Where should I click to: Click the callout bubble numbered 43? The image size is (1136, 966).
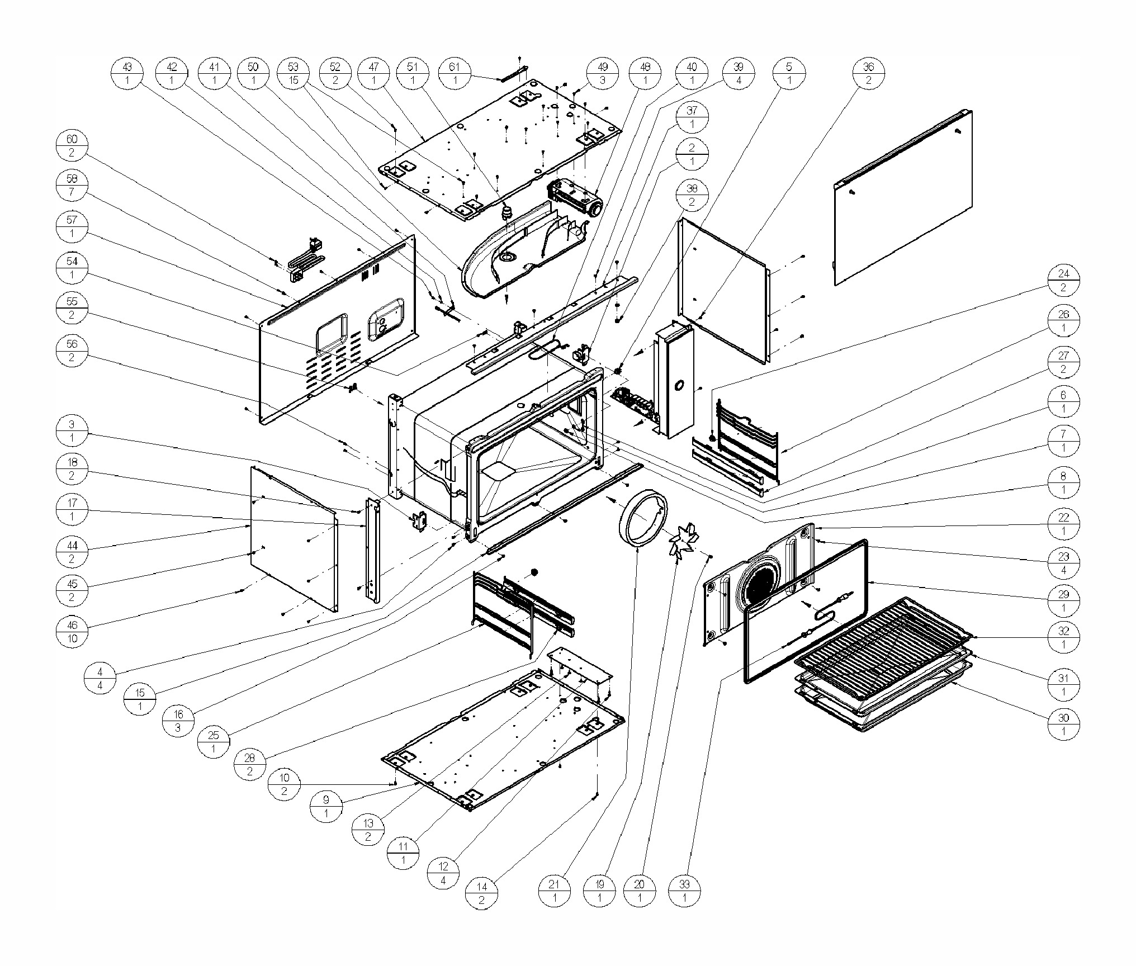(127, 74)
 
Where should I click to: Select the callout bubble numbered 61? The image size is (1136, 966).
(455, 74)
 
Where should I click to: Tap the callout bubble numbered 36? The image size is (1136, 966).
(868, 74)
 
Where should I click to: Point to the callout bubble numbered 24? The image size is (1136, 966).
(1063, 281)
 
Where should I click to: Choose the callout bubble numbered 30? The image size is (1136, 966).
(1063, 724)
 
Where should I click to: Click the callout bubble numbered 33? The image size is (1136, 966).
(684, 892)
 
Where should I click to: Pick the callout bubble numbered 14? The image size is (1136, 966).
(481, 893)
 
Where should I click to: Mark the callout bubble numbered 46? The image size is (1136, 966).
(72, 632)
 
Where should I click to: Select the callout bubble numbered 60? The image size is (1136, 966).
(72, 146)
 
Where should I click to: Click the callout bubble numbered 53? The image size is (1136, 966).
(294, 74)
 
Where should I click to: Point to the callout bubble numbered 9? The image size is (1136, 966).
(326, 807)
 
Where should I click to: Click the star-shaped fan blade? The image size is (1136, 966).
(683, 542)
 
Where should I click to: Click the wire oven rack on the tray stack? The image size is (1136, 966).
(883, 634)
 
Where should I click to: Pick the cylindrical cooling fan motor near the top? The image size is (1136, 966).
(576, 198)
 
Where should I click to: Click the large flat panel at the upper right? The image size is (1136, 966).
(903, 197)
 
